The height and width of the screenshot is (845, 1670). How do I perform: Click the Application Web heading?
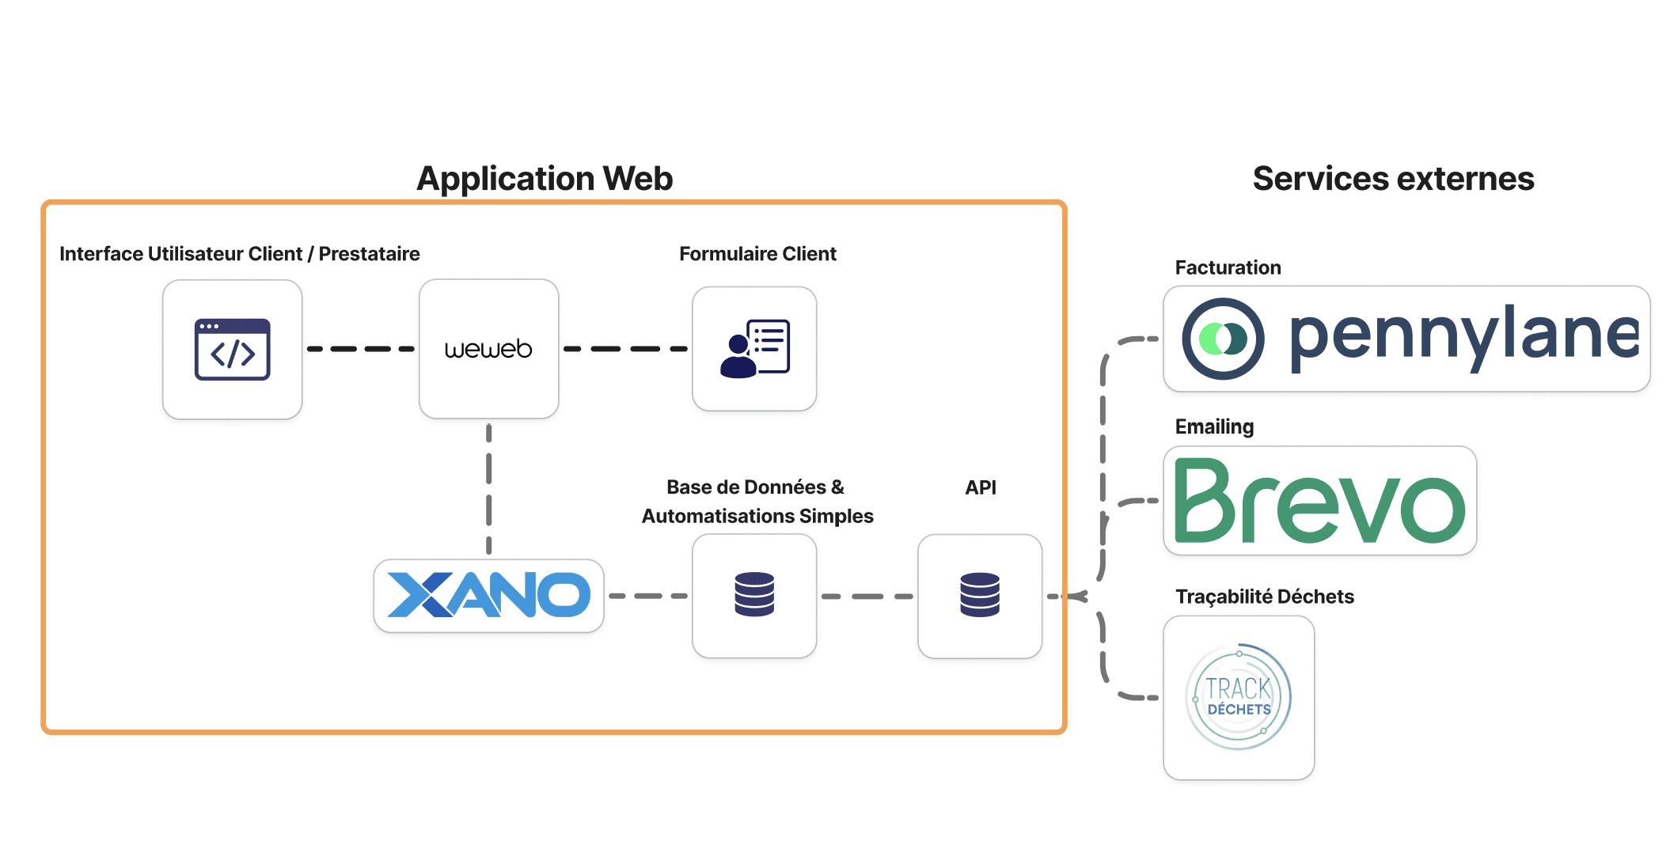tap(545, 179)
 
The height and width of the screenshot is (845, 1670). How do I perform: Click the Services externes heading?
tap(1393, 179)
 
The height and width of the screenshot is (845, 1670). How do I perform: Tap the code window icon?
tap(232, 349)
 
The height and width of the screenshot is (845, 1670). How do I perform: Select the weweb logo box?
tap(488, 349)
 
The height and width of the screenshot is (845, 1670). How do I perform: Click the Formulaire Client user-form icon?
tap(754, 349)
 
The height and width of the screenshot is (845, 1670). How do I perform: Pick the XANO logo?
tap(488, 595)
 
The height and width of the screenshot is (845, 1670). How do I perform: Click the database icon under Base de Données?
tap(754, 595)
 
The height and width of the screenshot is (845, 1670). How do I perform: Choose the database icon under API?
tap(980, 595)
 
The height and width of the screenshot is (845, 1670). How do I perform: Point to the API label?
tap(980, 487)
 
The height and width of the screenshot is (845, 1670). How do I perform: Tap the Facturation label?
tap(1228, 267)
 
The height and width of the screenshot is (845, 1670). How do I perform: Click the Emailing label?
tap(1214, 426)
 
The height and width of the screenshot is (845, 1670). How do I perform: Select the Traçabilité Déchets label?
tap(1264, 597)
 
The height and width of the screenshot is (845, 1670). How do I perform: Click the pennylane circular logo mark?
tap(1223, 339)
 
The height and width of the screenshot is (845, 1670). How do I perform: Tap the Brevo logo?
tap(1319, 501)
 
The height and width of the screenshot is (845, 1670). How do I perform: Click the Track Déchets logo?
tap(1239, 697)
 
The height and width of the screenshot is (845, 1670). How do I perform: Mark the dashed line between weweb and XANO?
tap(488, 489)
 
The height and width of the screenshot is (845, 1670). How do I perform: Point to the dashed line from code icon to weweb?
tap(360, 349)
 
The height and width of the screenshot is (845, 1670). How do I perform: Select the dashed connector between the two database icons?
tap(867, 596)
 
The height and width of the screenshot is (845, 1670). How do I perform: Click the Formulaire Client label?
tap(757, 254)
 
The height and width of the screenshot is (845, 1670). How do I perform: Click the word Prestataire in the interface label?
tap(369, 254)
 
